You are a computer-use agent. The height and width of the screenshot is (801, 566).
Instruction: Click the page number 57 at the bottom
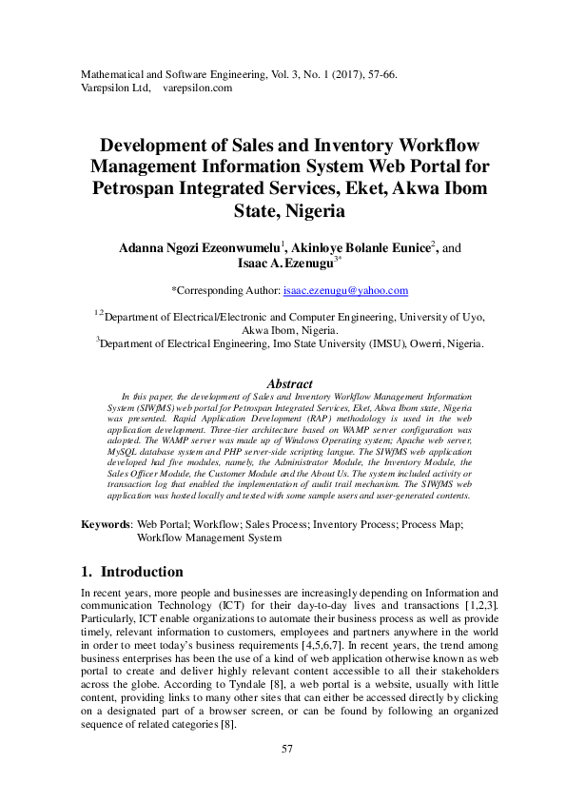(x=287, y=750)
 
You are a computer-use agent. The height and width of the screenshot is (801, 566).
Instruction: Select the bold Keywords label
(x=105, y=524)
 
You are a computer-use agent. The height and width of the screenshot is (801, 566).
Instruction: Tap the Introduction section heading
(x=142, y=572)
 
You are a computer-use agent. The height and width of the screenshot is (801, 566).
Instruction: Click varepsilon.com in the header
(x=198, y=88)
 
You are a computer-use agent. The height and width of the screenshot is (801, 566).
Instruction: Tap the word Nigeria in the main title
(x=310, y=209)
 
